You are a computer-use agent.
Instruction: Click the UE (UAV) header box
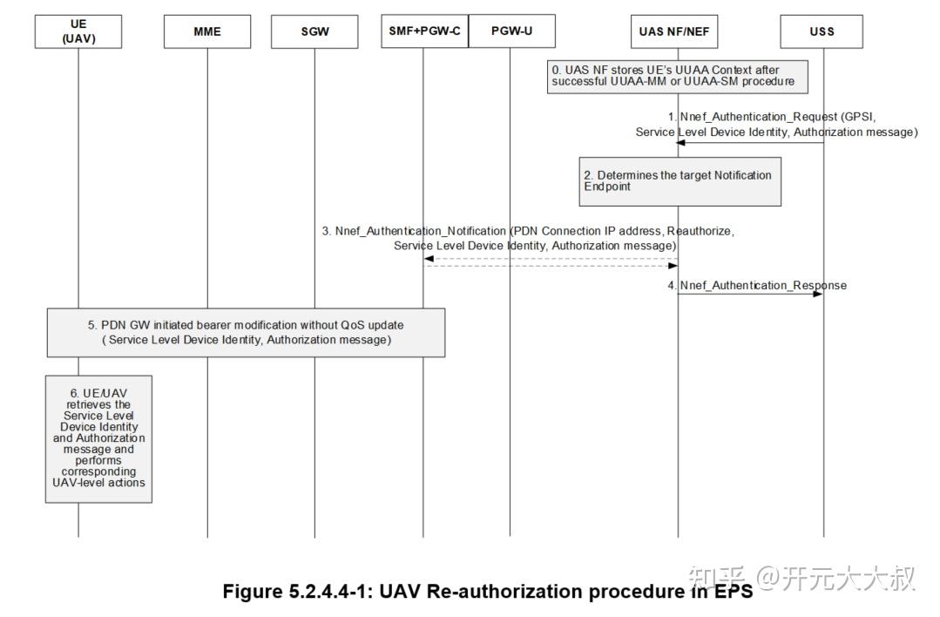pos(78,31)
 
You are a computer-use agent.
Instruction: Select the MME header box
pos(206,31)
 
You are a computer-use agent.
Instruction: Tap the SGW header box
pos(314,31)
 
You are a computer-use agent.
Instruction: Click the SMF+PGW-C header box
pos(424,31)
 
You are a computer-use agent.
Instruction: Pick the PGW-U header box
pos(511,31)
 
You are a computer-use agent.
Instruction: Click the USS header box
pos(822,31)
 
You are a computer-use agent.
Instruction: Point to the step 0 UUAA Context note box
pos(677,76)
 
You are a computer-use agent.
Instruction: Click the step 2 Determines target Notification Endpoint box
pos(680,180)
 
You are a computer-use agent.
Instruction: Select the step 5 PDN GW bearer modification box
pos(246,332)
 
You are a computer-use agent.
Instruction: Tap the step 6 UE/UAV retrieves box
pos(98,438)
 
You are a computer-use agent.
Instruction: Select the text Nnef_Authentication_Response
pos(763,285)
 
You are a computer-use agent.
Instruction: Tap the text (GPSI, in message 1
pos(857,116)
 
